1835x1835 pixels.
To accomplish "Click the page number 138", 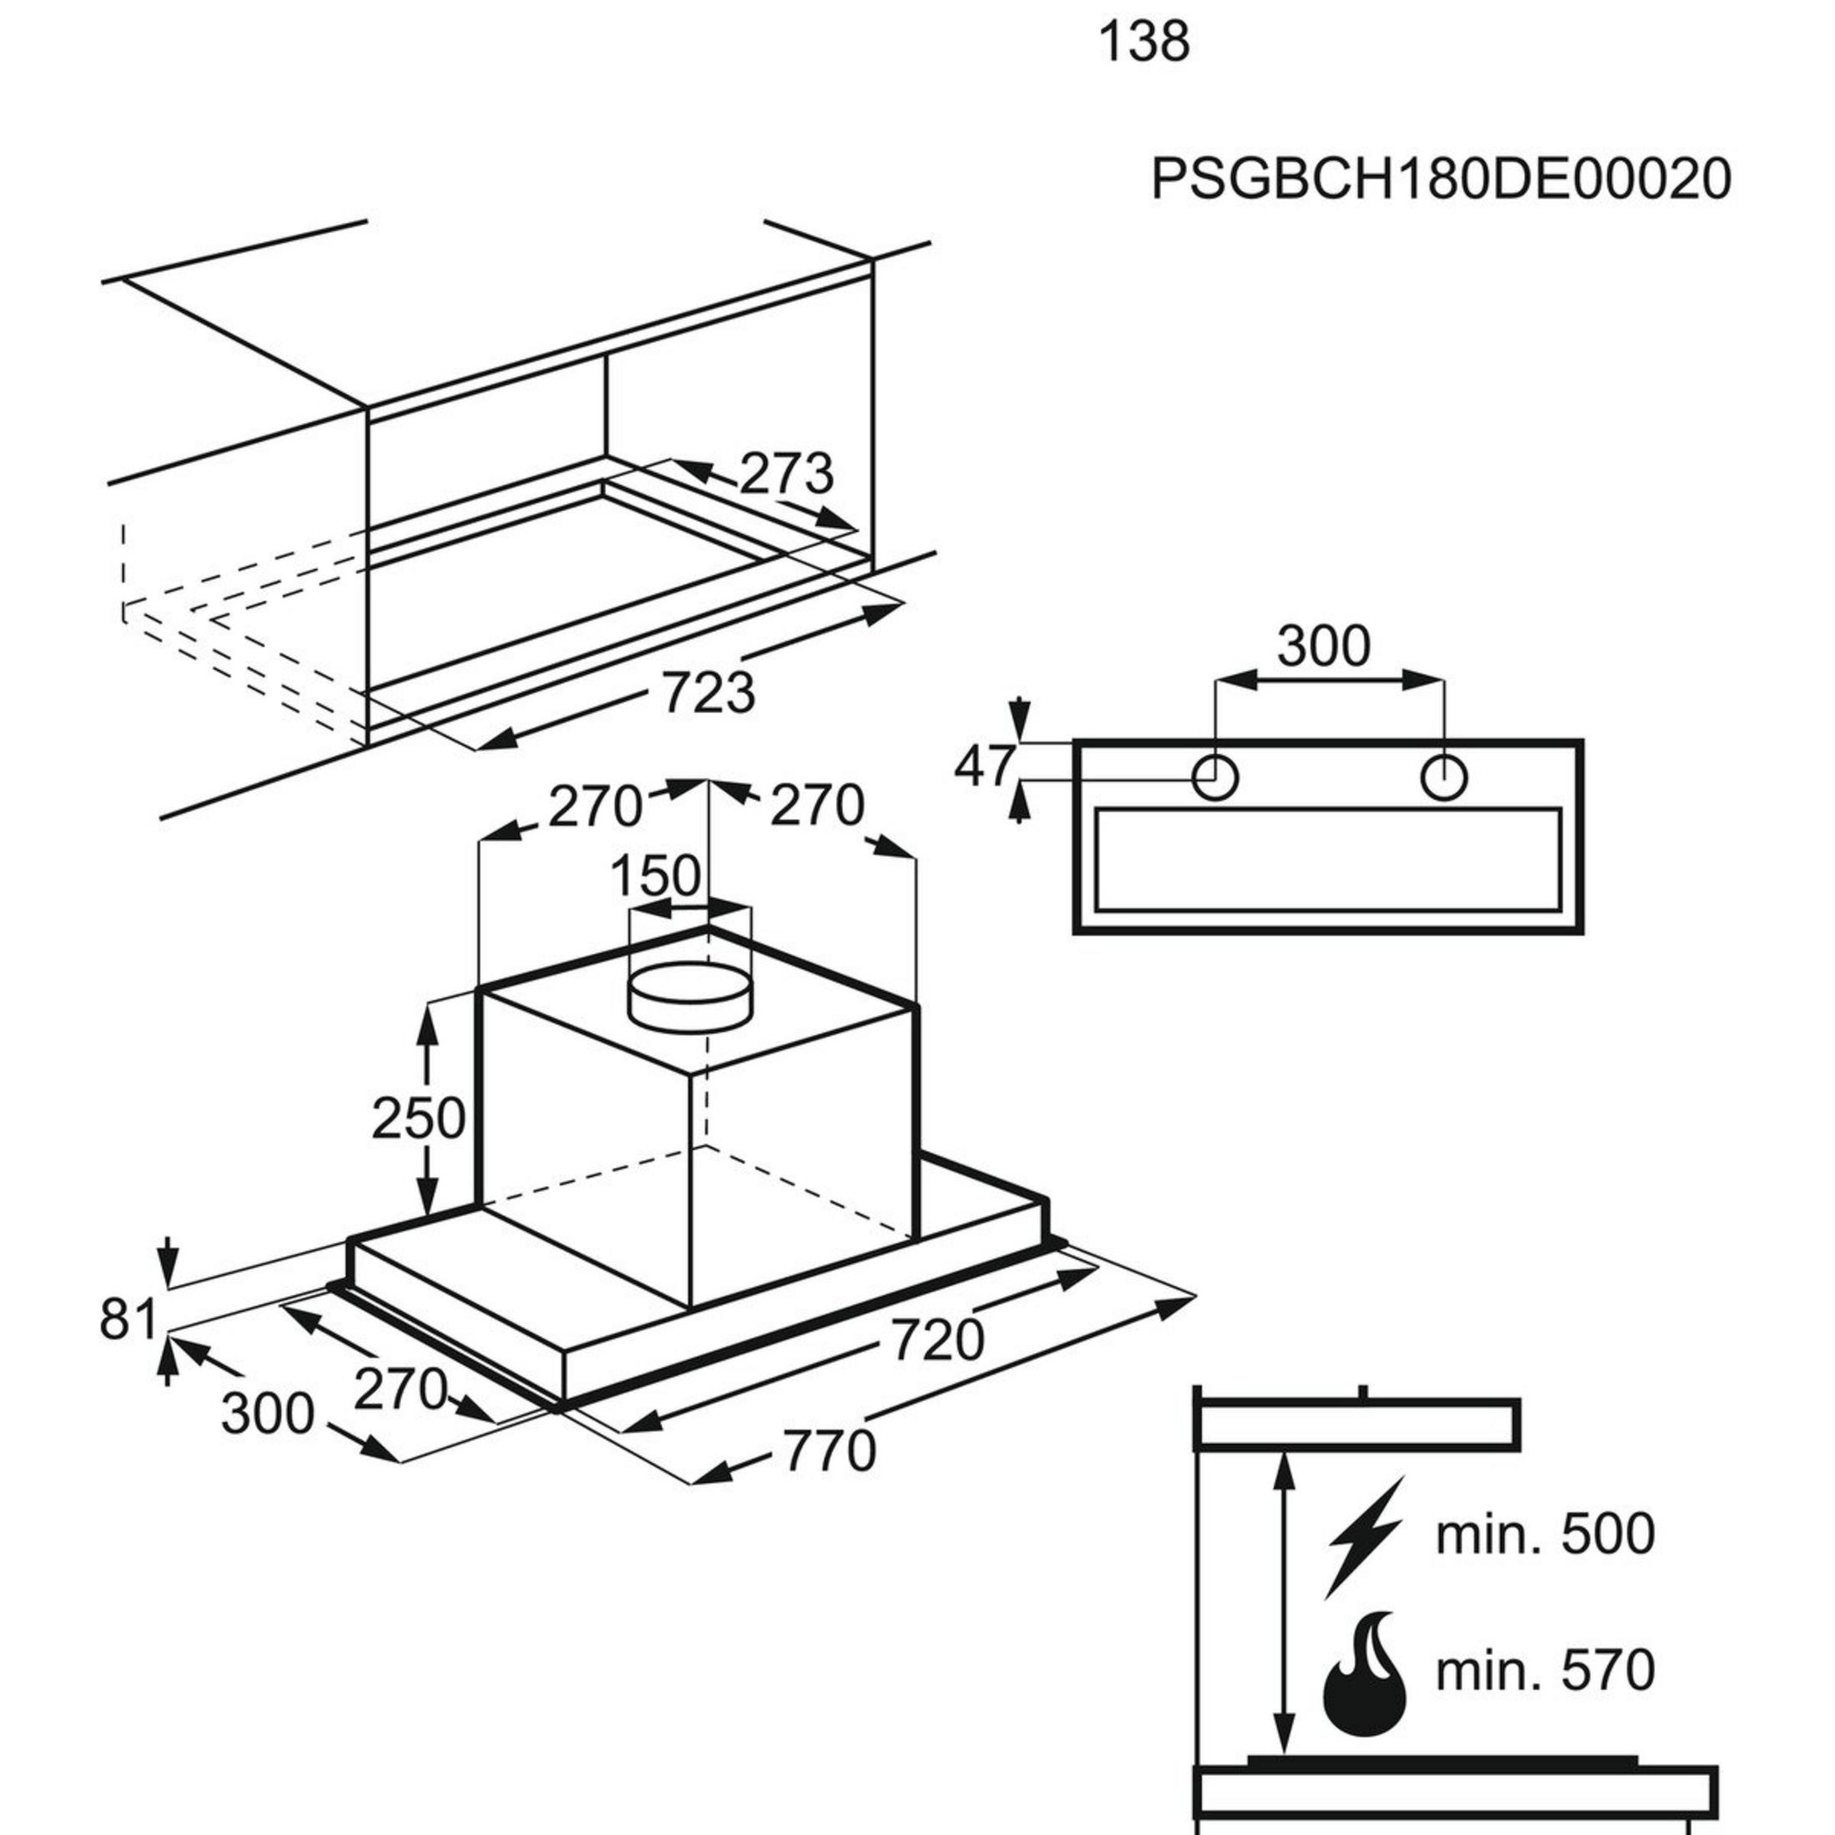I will point(1144,43).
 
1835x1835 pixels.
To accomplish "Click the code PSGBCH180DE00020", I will point(1440,178).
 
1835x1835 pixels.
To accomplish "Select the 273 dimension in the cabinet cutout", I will point(786,473).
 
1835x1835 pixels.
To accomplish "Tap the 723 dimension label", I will point(708,692).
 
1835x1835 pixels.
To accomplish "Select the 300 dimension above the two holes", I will point(1323,646).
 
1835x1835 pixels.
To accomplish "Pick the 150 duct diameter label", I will point(655,876).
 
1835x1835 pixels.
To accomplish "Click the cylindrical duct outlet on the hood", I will point(690,1003).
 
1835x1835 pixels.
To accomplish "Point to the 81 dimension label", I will point(128,1320).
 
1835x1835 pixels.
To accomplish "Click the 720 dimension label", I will point(937,1340).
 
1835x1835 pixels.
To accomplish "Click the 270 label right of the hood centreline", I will point(816,807).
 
